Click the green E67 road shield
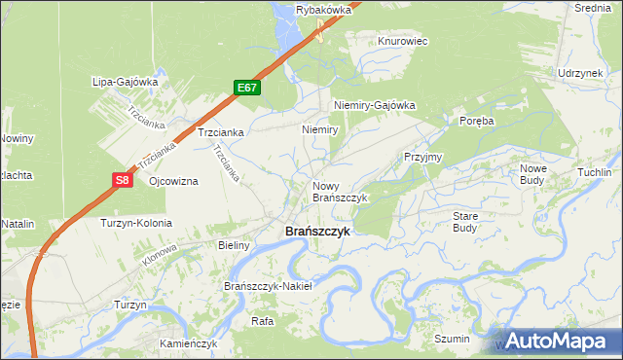point(247,88)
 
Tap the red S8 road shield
point(121,180)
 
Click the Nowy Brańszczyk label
point(339,191)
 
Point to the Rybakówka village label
point(322,10)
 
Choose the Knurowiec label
point(403,42)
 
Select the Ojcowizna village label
point(174,182)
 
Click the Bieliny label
point(235,246)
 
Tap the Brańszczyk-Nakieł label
point(268,286)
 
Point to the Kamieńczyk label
point(189,344)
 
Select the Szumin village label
point(452,339)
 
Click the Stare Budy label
point(465,222)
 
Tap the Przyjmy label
point(423,157)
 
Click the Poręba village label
point(477,121)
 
